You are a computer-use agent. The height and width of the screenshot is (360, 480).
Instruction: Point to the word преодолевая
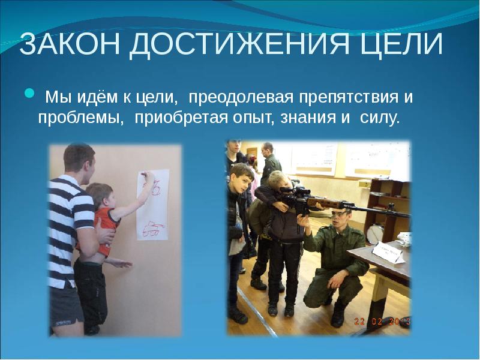233,97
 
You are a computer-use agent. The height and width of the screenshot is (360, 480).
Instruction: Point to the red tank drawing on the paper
152,227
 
